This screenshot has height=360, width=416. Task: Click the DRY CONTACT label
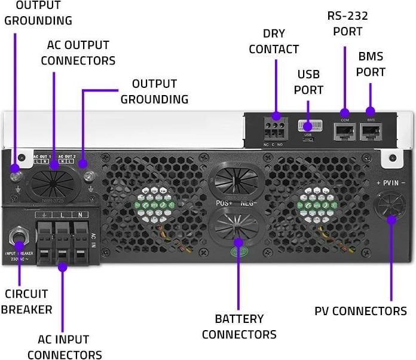click(x=273, y=41)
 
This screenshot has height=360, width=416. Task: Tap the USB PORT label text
click(x=310, y=82)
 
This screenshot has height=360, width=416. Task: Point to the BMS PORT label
click(x=371, y=63)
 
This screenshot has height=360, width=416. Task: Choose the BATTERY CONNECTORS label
click(x=239, y=326)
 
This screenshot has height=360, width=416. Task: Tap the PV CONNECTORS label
click(x=360, y=311)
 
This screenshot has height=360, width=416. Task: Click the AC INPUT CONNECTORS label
click(x=63, y=347)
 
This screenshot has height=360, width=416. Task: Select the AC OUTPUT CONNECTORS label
click(x=81, y=53)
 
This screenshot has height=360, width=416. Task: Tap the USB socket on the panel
click(x=308, y=127)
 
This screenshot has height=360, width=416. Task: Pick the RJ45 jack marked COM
click(x=344, y=132)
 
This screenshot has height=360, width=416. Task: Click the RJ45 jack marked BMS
click(x=371, y=132)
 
